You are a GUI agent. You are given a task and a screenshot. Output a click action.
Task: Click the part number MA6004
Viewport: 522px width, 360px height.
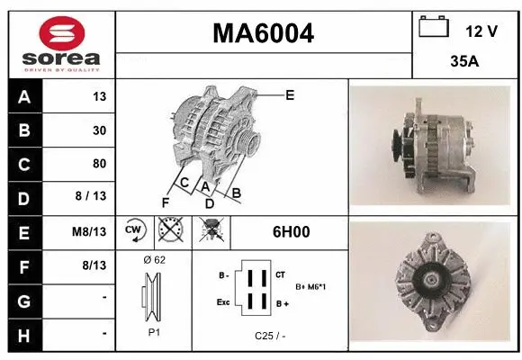click(x=263, y=33)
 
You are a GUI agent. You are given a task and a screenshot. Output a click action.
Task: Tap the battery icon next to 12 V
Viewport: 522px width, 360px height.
click(x=435, y=28)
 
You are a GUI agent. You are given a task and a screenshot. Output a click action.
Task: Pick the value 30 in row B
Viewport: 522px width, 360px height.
click(x=98, y=130)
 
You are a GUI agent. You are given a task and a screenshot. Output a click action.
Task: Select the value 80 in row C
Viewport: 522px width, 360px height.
click(x=98, y=164)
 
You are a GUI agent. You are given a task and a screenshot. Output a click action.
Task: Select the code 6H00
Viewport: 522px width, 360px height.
click(x=291, y=231)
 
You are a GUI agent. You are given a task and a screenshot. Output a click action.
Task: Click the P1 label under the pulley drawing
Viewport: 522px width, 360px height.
click(x=154, y=331)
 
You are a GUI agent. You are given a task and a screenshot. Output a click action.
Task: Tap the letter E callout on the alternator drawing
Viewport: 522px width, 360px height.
click(x=290, y=94)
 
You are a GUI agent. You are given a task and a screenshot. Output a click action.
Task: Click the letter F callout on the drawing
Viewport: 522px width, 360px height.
click(x=166, y=201)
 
